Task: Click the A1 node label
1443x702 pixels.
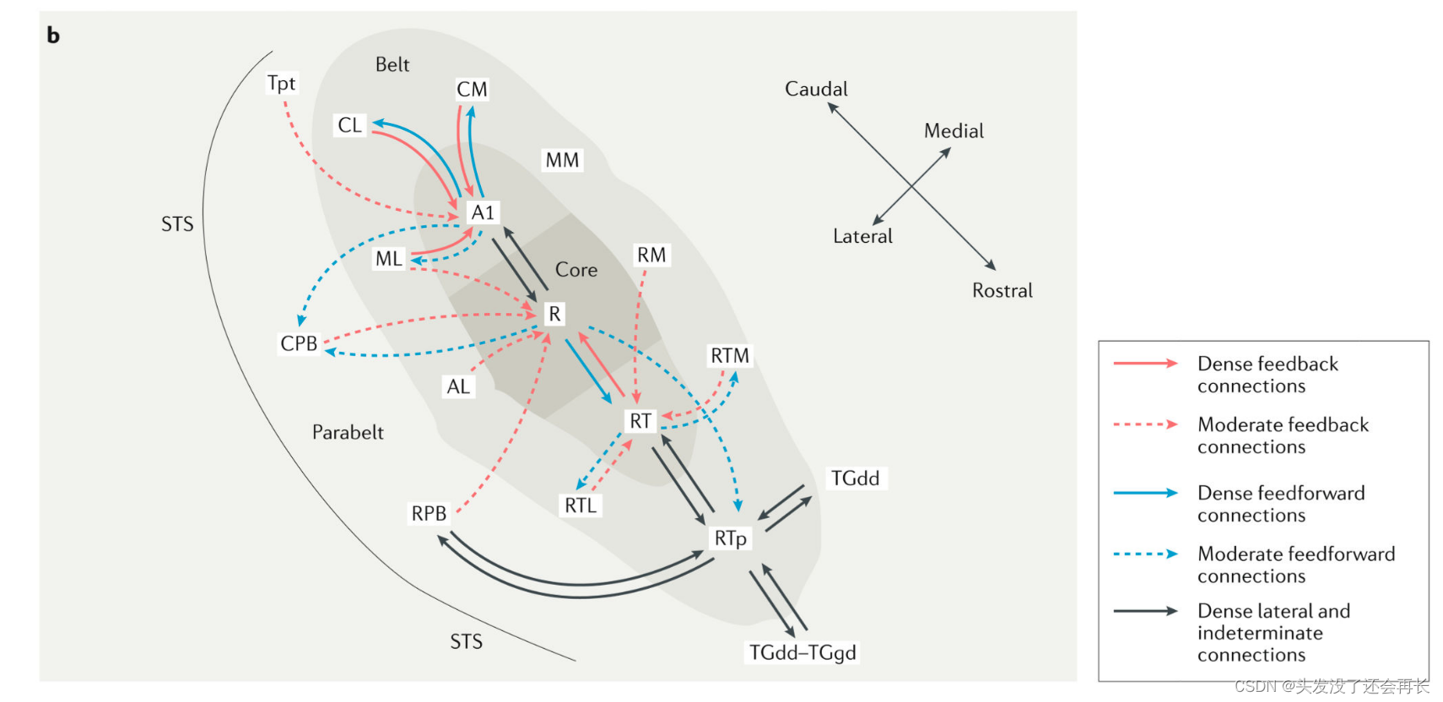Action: point(483,213)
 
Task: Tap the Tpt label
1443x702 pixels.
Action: point(281,83)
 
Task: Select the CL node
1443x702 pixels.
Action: point(349,125)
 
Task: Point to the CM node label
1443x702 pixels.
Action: point(472,89)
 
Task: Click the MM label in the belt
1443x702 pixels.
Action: point(562,160)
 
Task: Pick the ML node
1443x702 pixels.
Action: point(389,259)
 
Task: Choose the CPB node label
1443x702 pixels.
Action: point(299,343)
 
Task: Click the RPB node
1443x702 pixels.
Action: point(429,513)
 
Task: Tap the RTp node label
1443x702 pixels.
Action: point(730,538)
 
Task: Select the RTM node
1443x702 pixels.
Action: point(729,356)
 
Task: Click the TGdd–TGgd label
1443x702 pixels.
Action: point(803,652)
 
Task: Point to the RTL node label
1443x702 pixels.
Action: point(581,505)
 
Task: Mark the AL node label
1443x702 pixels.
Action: point(458,386)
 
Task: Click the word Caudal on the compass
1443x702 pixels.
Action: point(816,89)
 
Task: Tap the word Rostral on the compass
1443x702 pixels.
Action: point(1002,290)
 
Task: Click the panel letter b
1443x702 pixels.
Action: point(53,35)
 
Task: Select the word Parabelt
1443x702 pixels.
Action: point(348,432)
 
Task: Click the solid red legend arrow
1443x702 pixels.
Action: point(1145,364)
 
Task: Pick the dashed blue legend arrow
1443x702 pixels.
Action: point(1145,554)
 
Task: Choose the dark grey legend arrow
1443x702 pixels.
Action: point(1145,611)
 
